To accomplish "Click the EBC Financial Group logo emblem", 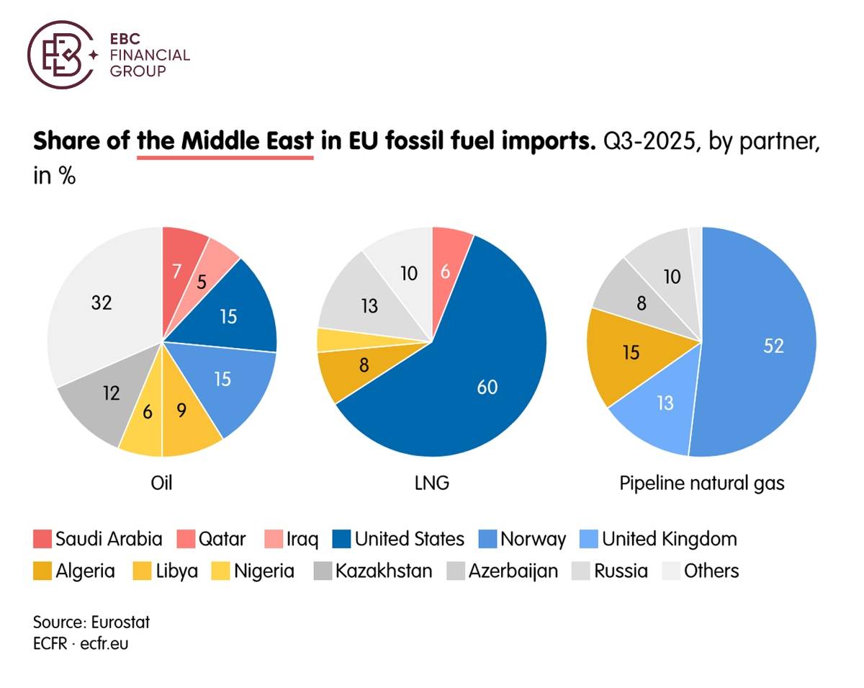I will pyautogui.click(x=60, y=54).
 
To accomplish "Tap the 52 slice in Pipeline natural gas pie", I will pyautogui.click(x=763, y=346).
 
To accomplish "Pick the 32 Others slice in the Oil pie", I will pyautogui.click(x=101, y=303).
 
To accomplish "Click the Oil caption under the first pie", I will pyautogui.click(x=162, y=482).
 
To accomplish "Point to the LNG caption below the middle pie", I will pyautogui.click(x=432, y=482).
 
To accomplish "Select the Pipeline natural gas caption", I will pyautogui.click(x=701, y=482).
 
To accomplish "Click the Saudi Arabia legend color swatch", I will pyautogui.click(x=42, y=539).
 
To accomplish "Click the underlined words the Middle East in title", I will pyautogui.click(x=225, y=141).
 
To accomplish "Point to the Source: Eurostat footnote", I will pyautogui.click(x=91, y=622).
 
